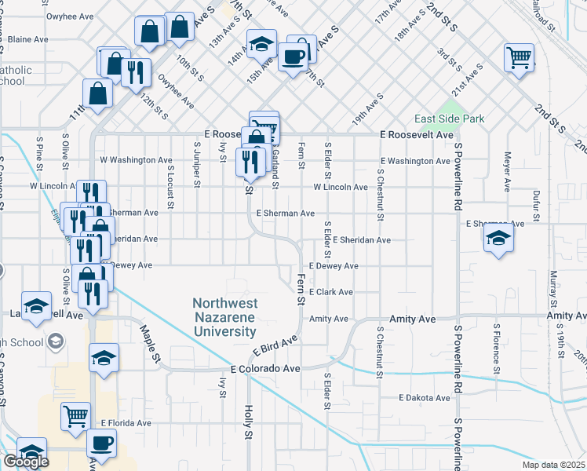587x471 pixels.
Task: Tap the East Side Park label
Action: coord(450,119)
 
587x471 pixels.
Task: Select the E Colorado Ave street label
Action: coord(265,368)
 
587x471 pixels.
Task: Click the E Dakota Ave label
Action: coord(425,398)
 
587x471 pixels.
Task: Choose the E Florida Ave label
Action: coord(126,423)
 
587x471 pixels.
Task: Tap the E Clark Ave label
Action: coord(331,292)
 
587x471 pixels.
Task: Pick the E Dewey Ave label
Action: coord(334,266)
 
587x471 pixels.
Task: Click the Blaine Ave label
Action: coord(28,38)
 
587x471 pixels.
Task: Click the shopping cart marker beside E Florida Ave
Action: coord(76,415)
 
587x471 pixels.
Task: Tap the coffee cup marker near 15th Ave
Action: coord(293,57)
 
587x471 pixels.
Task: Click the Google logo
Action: coord(26,462)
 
